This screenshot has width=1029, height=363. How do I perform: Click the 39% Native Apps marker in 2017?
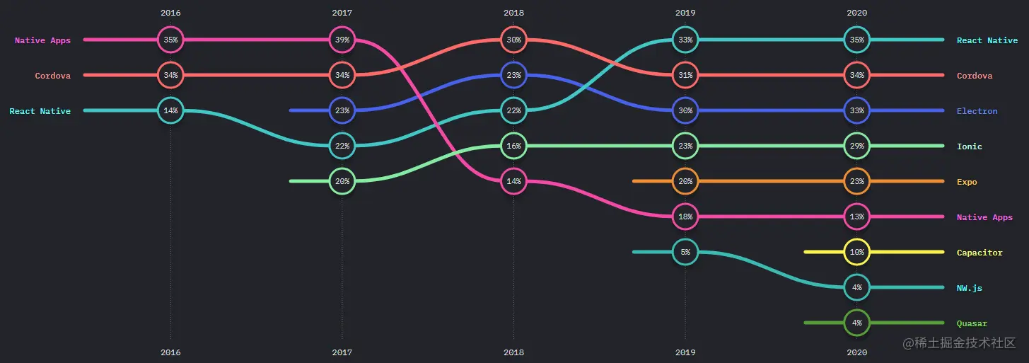pos(342,40)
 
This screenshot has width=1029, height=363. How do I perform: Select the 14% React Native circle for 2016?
pos(170,110)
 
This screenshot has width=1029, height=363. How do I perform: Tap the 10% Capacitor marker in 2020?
pos(856,252)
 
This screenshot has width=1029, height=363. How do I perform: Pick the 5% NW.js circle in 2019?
pos(685,252)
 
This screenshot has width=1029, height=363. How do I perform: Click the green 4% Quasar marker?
pos(856,323)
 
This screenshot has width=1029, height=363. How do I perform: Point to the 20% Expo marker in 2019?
pos(685,181)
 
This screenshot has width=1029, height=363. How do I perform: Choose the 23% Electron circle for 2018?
pos(514,75)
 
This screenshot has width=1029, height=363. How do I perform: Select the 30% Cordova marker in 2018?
pos(514,40)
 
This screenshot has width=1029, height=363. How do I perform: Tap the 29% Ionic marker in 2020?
pos(856,146)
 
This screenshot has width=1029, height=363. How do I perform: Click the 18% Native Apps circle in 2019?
pos(685,217)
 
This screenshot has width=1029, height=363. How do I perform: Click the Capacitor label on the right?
pos(979,253)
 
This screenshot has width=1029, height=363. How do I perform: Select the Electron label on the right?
pos(977,111)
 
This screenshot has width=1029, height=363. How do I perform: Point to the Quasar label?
pos(972,323)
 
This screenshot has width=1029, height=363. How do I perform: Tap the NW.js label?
pos(969,288)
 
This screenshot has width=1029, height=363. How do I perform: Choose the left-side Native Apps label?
pos(42,40)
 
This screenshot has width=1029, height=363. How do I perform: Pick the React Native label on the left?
pos(40,111)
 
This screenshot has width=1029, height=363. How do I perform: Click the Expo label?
pos(967,182)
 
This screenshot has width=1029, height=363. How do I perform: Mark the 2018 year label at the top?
pos(514,13)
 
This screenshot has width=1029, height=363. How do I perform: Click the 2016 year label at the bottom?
pos(170,352)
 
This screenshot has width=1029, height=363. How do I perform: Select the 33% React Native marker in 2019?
pos(685,40)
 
